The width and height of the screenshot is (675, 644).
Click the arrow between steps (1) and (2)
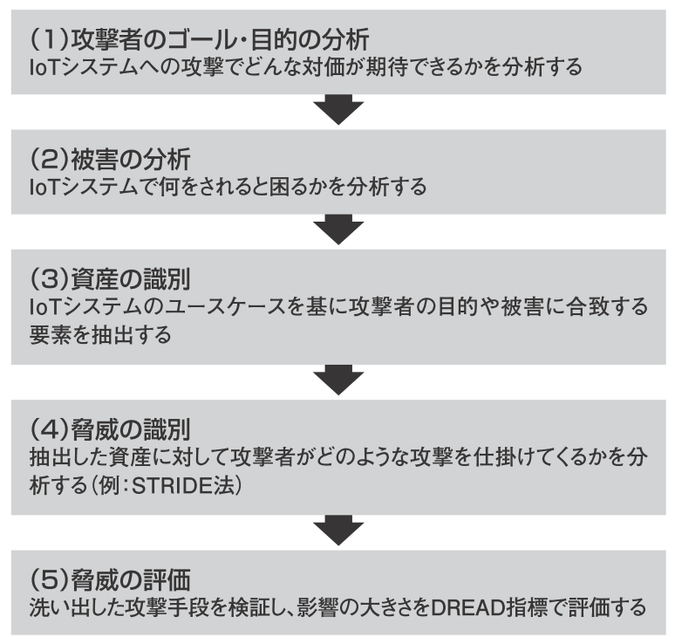pos(337,111)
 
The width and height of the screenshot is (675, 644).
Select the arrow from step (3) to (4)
pos(337,380)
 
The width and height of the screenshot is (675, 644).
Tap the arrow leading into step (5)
pos(337,530)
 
